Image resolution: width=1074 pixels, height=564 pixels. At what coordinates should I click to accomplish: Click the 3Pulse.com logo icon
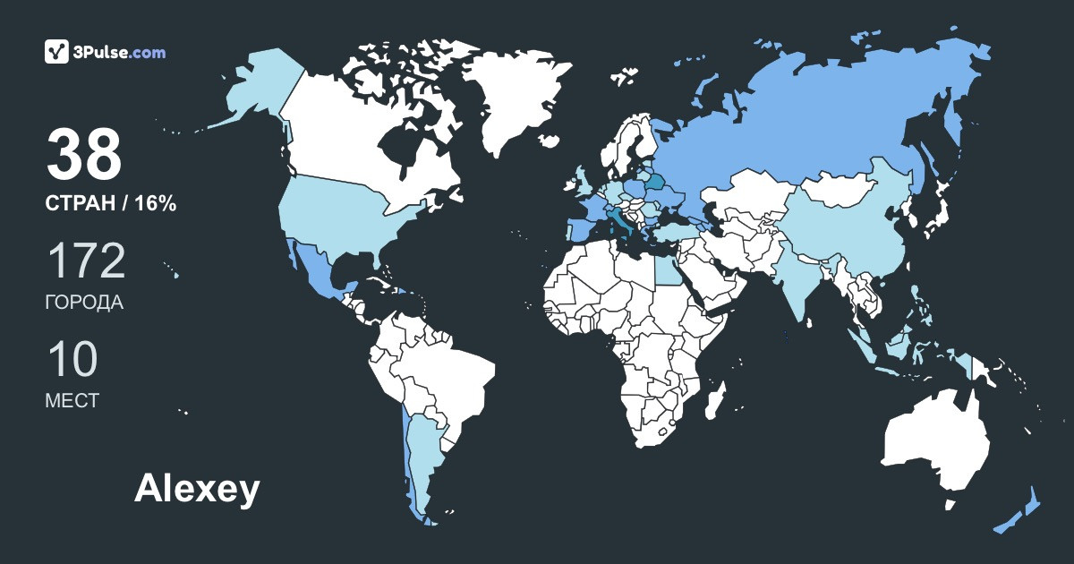coord(57,52)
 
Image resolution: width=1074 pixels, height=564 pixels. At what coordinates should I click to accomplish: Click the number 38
coord(84,154)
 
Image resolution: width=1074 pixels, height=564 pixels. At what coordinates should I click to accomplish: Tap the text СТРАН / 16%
coord(110,204)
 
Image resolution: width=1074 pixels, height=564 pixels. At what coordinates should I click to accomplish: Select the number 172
coord(85,261)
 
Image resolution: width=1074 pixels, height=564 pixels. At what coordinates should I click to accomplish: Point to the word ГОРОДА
coord(84,303)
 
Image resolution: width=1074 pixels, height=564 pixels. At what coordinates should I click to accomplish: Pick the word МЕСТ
coord(72,401)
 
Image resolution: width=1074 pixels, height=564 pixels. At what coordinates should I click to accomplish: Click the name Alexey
coord(197,490)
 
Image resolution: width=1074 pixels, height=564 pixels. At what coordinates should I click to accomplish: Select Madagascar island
coord(714,399)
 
